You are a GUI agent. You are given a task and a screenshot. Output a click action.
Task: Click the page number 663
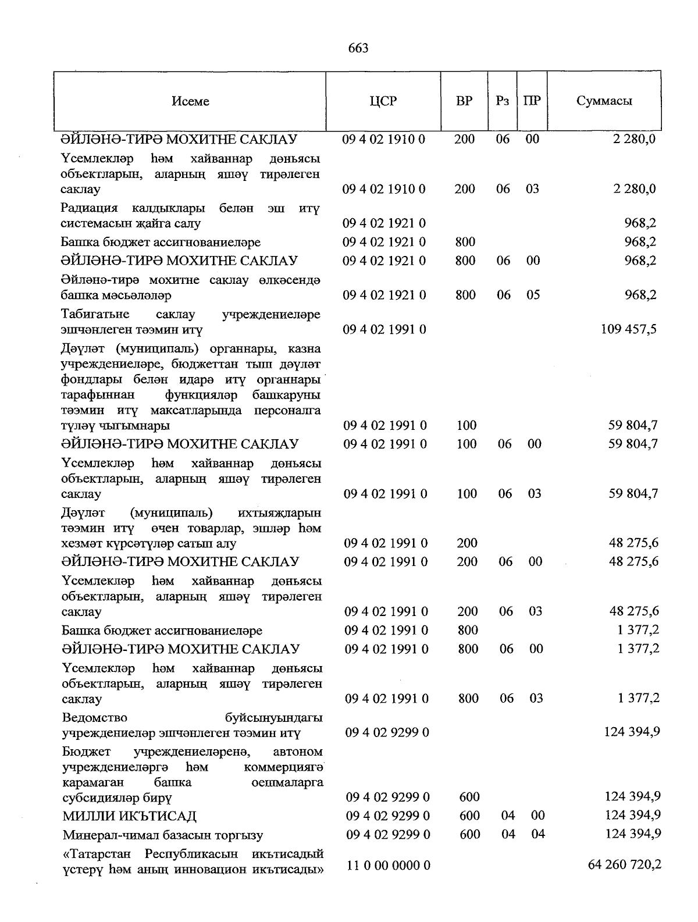click(x=358, y=48)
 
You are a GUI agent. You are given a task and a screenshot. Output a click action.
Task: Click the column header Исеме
click(x=190, y=101)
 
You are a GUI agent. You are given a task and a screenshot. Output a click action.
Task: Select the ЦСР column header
click(x=383, y=101)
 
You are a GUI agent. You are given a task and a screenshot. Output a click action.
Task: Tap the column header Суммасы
click(x=604, y=101)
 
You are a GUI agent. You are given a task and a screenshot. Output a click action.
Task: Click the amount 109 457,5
click(x=628, y=329)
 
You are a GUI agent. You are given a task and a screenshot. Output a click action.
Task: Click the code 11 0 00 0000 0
click(x=389, y=866)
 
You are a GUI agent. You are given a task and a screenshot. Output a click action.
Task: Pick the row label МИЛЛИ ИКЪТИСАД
click(x=130, y=816)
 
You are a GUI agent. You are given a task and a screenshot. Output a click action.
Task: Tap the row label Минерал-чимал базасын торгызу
click(x=163, y=835)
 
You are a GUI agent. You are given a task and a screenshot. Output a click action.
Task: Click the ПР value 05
click(x=533, y=295)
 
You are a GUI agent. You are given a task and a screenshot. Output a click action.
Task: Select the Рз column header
click(x=503, y=101)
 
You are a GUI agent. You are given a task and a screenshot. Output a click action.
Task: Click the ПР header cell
click(x=532, y=101)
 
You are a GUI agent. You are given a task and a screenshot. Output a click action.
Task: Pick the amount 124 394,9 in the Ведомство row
click(x=632, y=732)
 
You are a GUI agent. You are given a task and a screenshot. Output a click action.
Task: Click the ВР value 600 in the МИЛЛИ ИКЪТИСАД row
click(x=469, y=816)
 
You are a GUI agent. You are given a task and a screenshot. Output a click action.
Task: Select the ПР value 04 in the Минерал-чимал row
click(x=538, y=834)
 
